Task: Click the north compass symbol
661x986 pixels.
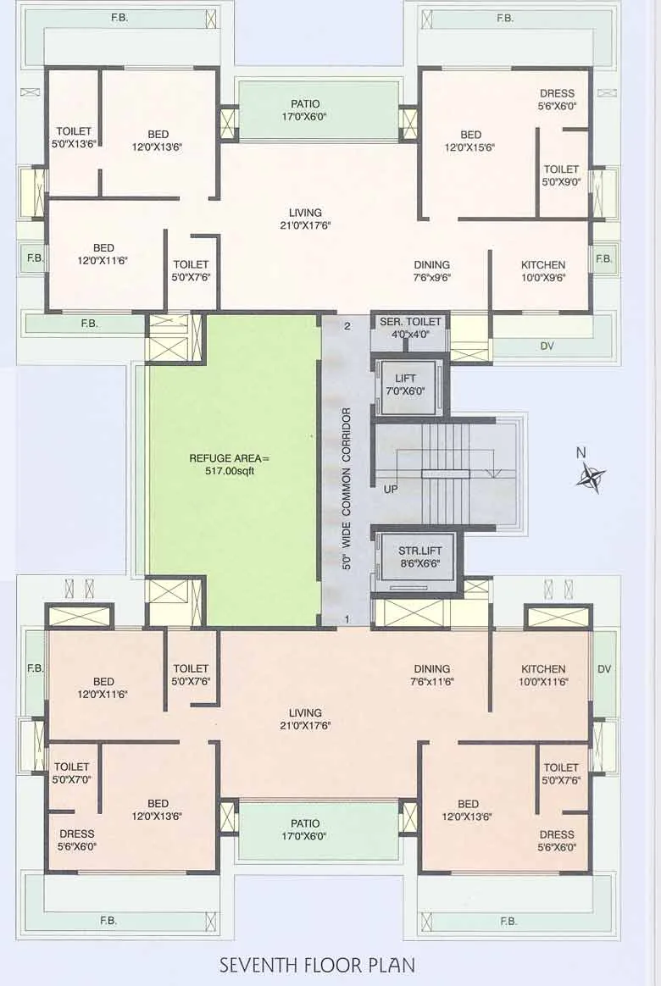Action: [590, 477]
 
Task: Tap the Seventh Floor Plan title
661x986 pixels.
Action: [317, 965]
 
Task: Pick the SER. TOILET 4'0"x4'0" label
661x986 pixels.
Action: [410, 328]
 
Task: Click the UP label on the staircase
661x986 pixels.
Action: [391, 490]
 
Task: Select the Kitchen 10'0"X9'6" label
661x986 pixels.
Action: [542, 271]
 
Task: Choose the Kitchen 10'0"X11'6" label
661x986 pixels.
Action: [542, 675]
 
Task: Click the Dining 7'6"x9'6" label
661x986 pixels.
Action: [431, 271]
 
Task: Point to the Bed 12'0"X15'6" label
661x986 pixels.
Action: [470, 141]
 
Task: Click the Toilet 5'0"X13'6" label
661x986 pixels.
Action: [74, 137]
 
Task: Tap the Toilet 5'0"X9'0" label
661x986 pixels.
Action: [560, 175]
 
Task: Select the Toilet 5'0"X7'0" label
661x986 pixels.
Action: [71, 773]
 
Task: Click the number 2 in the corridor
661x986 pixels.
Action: [347, 326]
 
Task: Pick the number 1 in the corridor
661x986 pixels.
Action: [347, 620]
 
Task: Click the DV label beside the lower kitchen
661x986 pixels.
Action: [603, 669]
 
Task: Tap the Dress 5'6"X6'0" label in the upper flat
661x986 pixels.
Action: [557, 100]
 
